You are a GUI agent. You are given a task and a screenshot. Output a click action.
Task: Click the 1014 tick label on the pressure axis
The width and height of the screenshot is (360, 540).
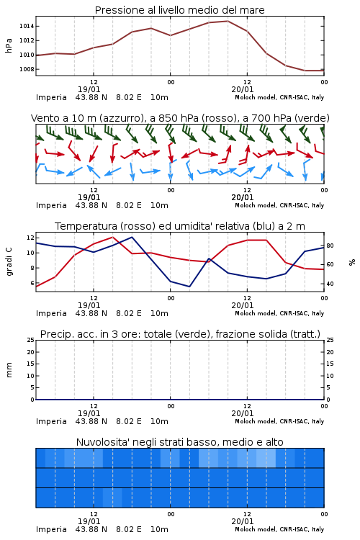pyautogui.click(x=27, y=26)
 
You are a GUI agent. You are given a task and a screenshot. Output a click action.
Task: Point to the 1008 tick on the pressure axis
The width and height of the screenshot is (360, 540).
pyautogui.click(x=27, y=69)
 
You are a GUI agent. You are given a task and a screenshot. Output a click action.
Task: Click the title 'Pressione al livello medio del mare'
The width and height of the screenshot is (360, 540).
pyautogui.click(x=180, y=10)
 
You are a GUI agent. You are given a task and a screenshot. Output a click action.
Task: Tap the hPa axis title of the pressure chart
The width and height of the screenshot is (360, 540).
pyautogui.click(x=9, y=45)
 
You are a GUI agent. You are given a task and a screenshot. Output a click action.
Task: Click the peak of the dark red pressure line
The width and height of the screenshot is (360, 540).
pyautogui.click(x=228, y=21)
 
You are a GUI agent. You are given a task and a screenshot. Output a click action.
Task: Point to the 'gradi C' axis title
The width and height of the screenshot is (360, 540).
pyautogui.click(x=9, y=262)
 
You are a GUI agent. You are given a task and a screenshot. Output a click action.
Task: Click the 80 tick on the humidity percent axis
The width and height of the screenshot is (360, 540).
pyautogui.click(x=330, y=246)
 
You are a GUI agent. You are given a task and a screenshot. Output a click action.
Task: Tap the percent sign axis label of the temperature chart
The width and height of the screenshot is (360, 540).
pyautogui.click(x=352, y=262)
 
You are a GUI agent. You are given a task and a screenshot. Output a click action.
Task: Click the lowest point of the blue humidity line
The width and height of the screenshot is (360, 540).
pyautogui.click(x=189, y=287)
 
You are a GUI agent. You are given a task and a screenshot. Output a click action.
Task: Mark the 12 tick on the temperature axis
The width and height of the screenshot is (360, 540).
pyautogui.click(x=30, y=238)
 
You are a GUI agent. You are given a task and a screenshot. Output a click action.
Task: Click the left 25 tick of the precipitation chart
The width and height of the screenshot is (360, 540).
pyautogui.click(x=30, y=340)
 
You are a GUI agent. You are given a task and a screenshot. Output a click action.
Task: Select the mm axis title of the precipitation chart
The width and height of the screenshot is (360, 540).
pyautogui.click(x=9, y=370)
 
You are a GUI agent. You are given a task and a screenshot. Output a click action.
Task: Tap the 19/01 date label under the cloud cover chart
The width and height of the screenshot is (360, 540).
pyautogui.click(x=89, y=521)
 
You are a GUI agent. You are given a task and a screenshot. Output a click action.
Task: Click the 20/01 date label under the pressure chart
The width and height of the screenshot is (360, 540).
pyautogui.click(x=243, y=89)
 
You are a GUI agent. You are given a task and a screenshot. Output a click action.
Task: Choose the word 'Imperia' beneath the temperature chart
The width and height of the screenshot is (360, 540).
pyautogui.click(x=51, y=313)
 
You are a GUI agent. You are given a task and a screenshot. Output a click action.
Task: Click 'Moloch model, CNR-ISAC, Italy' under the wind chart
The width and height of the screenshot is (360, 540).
pyautogui.click(x=279, y=206)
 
